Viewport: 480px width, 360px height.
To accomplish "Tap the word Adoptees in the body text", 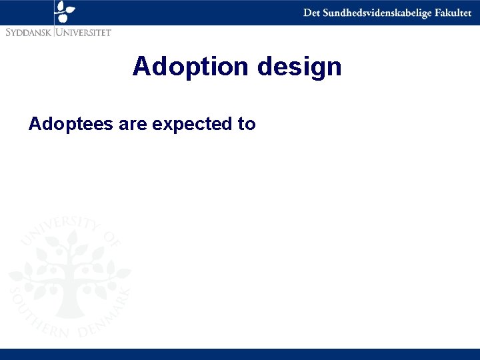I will pos(69,124).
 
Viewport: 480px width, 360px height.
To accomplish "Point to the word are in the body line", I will pos(131,124).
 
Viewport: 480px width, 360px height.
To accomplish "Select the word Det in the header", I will pos(311,13).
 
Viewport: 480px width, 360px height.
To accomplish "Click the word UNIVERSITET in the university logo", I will pos(85,32).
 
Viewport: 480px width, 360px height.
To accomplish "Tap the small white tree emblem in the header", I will pos(65,12).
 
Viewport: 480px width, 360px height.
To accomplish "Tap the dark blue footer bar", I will pos(240,354).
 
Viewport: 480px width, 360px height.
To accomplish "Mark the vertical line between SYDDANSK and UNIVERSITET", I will pos(55,27).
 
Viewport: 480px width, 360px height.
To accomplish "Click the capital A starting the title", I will pos(141,67).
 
